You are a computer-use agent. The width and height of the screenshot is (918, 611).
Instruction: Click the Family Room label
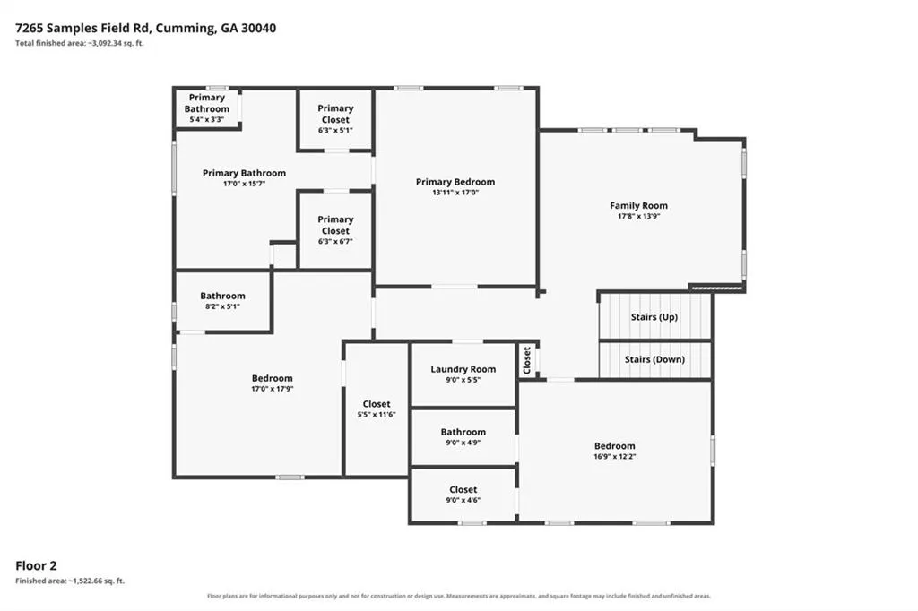point(638,205)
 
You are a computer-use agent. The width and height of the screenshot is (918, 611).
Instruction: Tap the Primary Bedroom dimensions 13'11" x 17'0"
point(455,193)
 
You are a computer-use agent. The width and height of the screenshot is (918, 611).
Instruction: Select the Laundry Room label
point(463,369)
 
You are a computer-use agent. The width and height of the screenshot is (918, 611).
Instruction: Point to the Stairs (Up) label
point(654,317)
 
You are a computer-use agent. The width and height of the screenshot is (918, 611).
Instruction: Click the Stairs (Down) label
point(654,359)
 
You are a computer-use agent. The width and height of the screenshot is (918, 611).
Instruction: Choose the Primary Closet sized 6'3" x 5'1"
point(335,119)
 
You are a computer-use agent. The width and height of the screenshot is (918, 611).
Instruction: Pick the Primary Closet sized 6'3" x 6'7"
point(335,230)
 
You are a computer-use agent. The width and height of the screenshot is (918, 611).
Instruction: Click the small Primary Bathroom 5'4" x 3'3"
point(207,108)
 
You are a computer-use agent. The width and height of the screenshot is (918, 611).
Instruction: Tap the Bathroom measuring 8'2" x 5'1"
point(222,301)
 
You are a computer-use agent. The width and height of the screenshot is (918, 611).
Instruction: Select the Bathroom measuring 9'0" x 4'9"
point(463,437)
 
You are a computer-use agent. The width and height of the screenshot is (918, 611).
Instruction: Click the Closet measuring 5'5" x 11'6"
point(377,409)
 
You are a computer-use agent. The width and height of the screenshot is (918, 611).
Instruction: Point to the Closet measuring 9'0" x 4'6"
point(463,495)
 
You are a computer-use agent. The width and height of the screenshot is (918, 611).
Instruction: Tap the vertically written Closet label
point(526,360)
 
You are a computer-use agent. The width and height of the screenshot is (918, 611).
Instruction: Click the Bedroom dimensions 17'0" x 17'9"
point(273,389)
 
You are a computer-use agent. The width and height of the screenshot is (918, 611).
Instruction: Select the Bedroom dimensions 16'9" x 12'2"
point(615,457)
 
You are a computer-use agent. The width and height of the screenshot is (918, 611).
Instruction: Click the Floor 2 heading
point(36,566)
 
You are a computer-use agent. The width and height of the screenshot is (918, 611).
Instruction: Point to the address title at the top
point(146,28)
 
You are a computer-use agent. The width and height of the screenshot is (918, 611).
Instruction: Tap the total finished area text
point(80,43)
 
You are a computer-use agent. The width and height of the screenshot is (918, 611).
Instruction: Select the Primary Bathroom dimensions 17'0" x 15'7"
point(244,184)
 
